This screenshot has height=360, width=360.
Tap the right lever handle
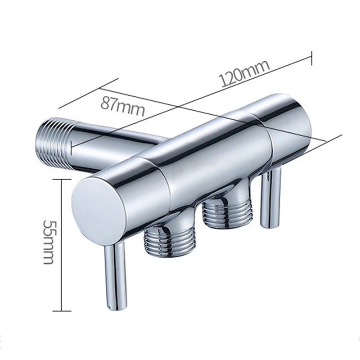[x=272, y=198]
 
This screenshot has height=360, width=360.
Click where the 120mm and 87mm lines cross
[x=180, y=107]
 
